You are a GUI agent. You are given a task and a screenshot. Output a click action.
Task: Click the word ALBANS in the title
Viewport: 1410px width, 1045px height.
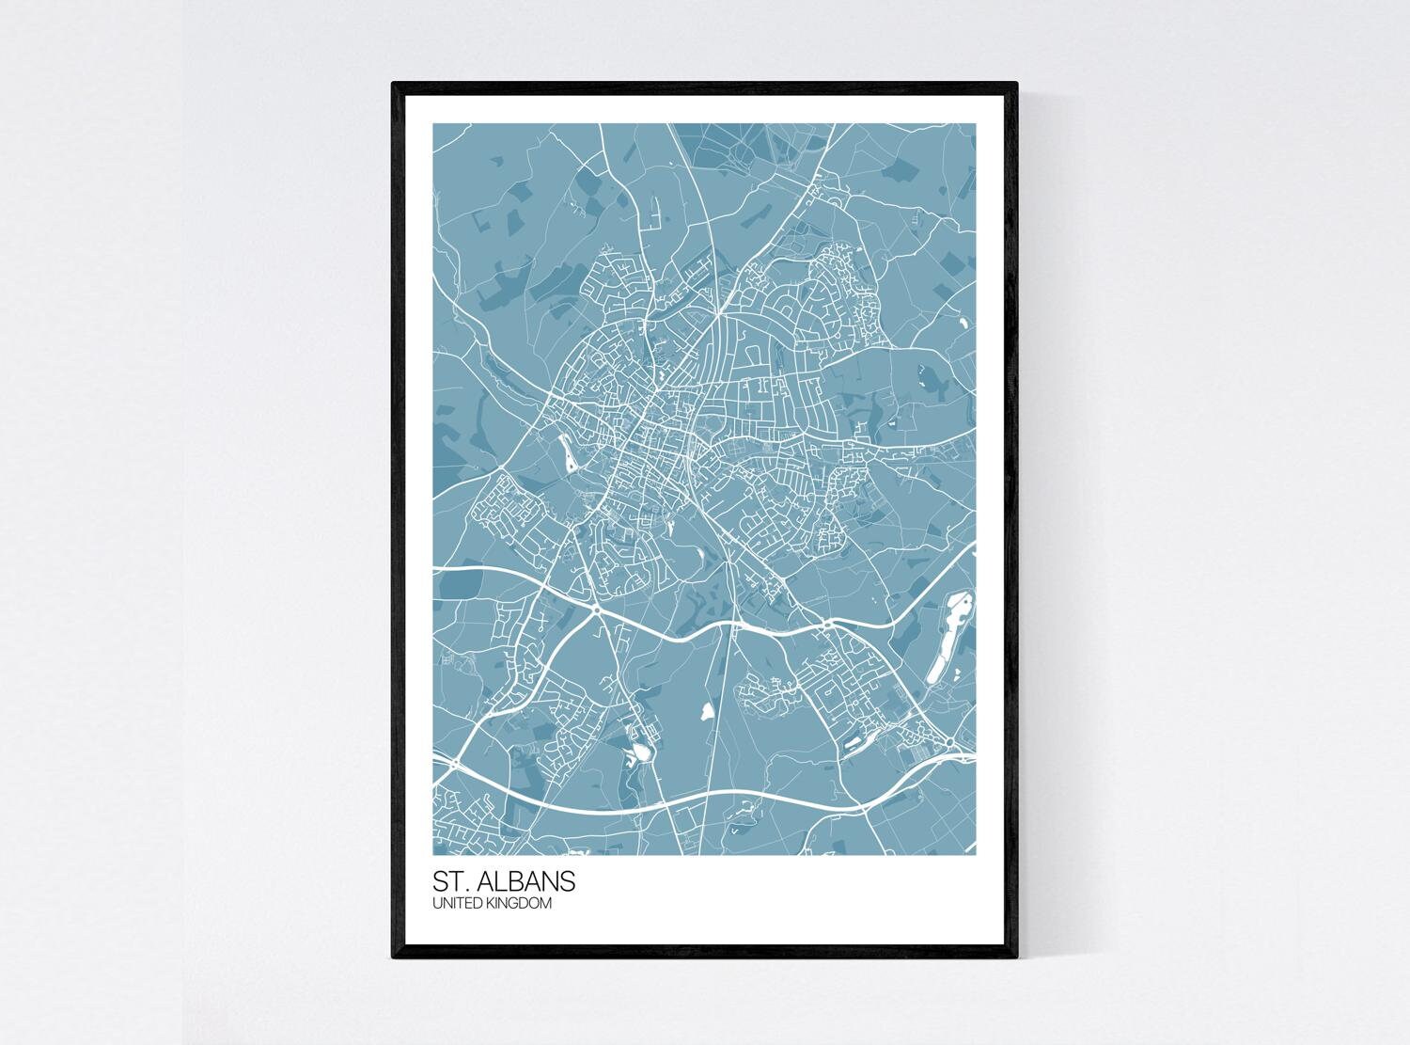click(x=532, y=883)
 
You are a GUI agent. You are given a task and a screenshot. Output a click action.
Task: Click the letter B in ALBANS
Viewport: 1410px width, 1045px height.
click(x=526, y=883)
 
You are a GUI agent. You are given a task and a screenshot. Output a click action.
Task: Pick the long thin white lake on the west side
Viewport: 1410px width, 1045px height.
click(x=569, y=454)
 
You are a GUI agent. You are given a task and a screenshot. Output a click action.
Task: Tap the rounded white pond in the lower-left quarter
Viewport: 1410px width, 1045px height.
click(x=640, y=752)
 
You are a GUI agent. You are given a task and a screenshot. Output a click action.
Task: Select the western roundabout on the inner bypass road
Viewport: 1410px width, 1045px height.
click(x=598, y=610)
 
